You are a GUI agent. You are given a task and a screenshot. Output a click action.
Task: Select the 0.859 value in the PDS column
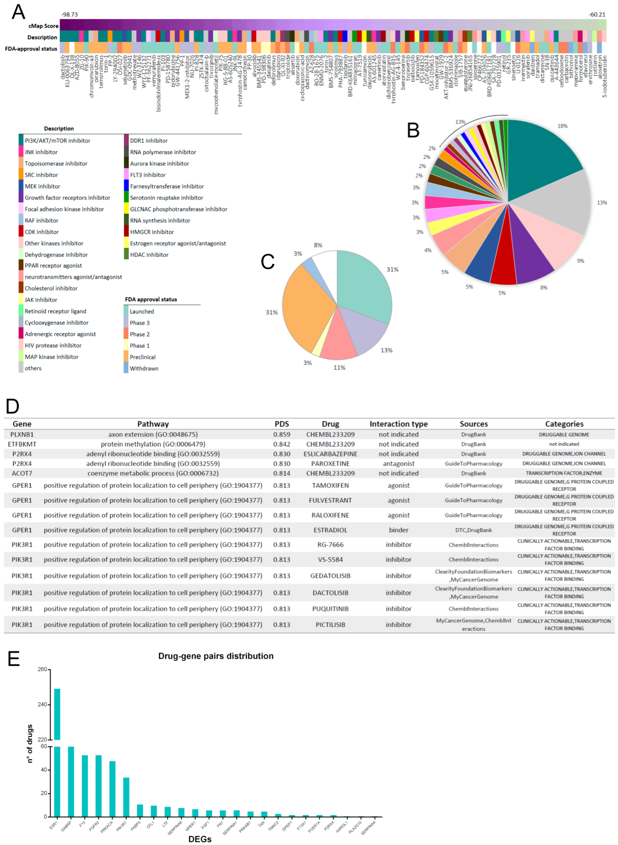282,434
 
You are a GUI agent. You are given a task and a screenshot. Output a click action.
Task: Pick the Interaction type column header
398,424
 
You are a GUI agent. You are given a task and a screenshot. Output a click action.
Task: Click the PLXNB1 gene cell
22,434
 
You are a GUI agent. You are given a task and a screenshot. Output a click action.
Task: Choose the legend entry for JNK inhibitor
41,152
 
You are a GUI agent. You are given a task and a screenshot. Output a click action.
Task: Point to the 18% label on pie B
562,126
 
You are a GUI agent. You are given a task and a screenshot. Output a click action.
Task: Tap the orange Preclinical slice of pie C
305,306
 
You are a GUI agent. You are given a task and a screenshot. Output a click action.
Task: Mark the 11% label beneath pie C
339,367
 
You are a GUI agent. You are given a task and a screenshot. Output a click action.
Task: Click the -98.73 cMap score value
70,15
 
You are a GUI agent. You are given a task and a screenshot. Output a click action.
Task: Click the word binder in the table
398,530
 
